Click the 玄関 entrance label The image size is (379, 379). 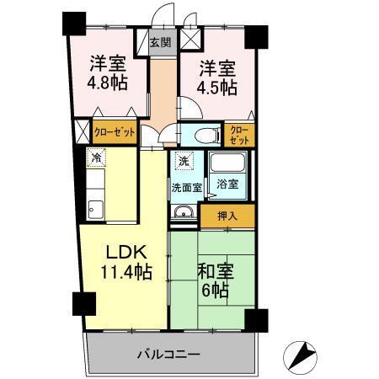160,42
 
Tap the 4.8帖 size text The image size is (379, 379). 108,84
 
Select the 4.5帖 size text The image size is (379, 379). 217,88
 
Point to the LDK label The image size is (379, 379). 126,252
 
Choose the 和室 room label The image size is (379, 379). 216,271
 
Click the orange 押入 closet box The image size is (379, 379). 226,216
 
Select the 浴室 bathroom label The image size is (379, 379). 226,183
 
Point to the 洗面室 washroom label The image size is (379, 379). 186,187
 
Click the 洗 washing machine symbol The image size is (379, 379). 184,160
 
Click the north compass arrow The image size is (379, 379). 302,355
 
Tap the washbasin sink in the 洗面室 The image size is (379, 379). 183,214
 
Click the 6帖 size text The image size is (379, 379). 216,291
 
